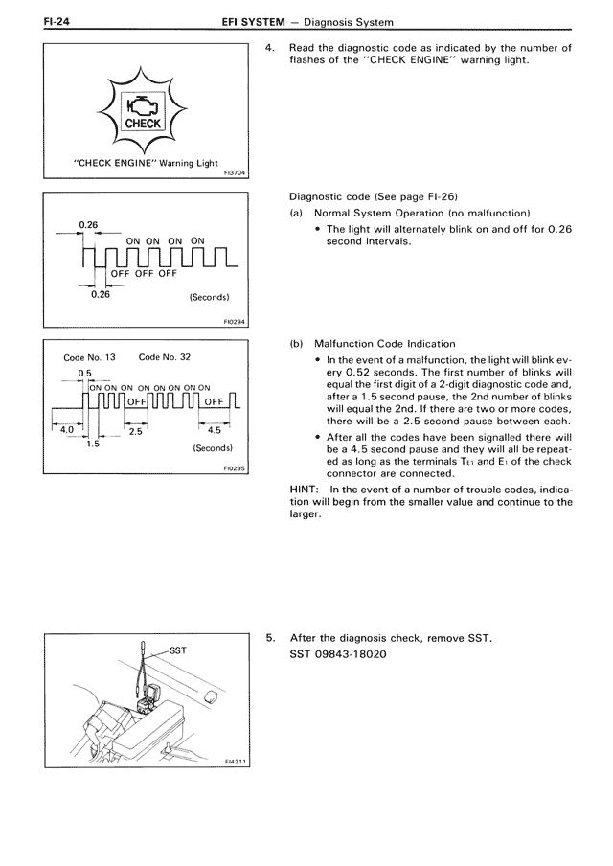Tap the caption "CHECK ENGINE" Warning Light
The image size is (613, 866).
tap(147, 163)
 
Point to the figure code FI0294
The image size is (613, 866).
tap(235, 322)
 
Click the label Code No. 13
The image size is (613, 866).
tap(89, 357)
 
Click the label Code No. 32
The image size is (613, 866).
tap(166, 357)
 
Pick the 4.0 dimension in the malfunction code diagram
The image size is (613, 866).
tap(67, 430)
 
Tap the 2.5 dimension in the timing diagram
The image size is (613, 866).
tap(135, 433)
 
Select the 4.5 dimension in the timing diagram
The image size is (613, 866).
tap(214, 430)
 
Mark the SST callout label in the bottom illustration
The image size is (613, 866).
tap(177, 650)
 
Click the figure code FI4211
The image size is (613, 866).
tap(235, 763)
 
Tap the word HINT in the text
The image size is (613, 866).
tap(306, 489)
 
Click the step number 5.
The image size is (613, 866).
tap(270, 639)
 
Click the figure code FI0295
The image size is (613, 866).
tap(235, 469)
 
